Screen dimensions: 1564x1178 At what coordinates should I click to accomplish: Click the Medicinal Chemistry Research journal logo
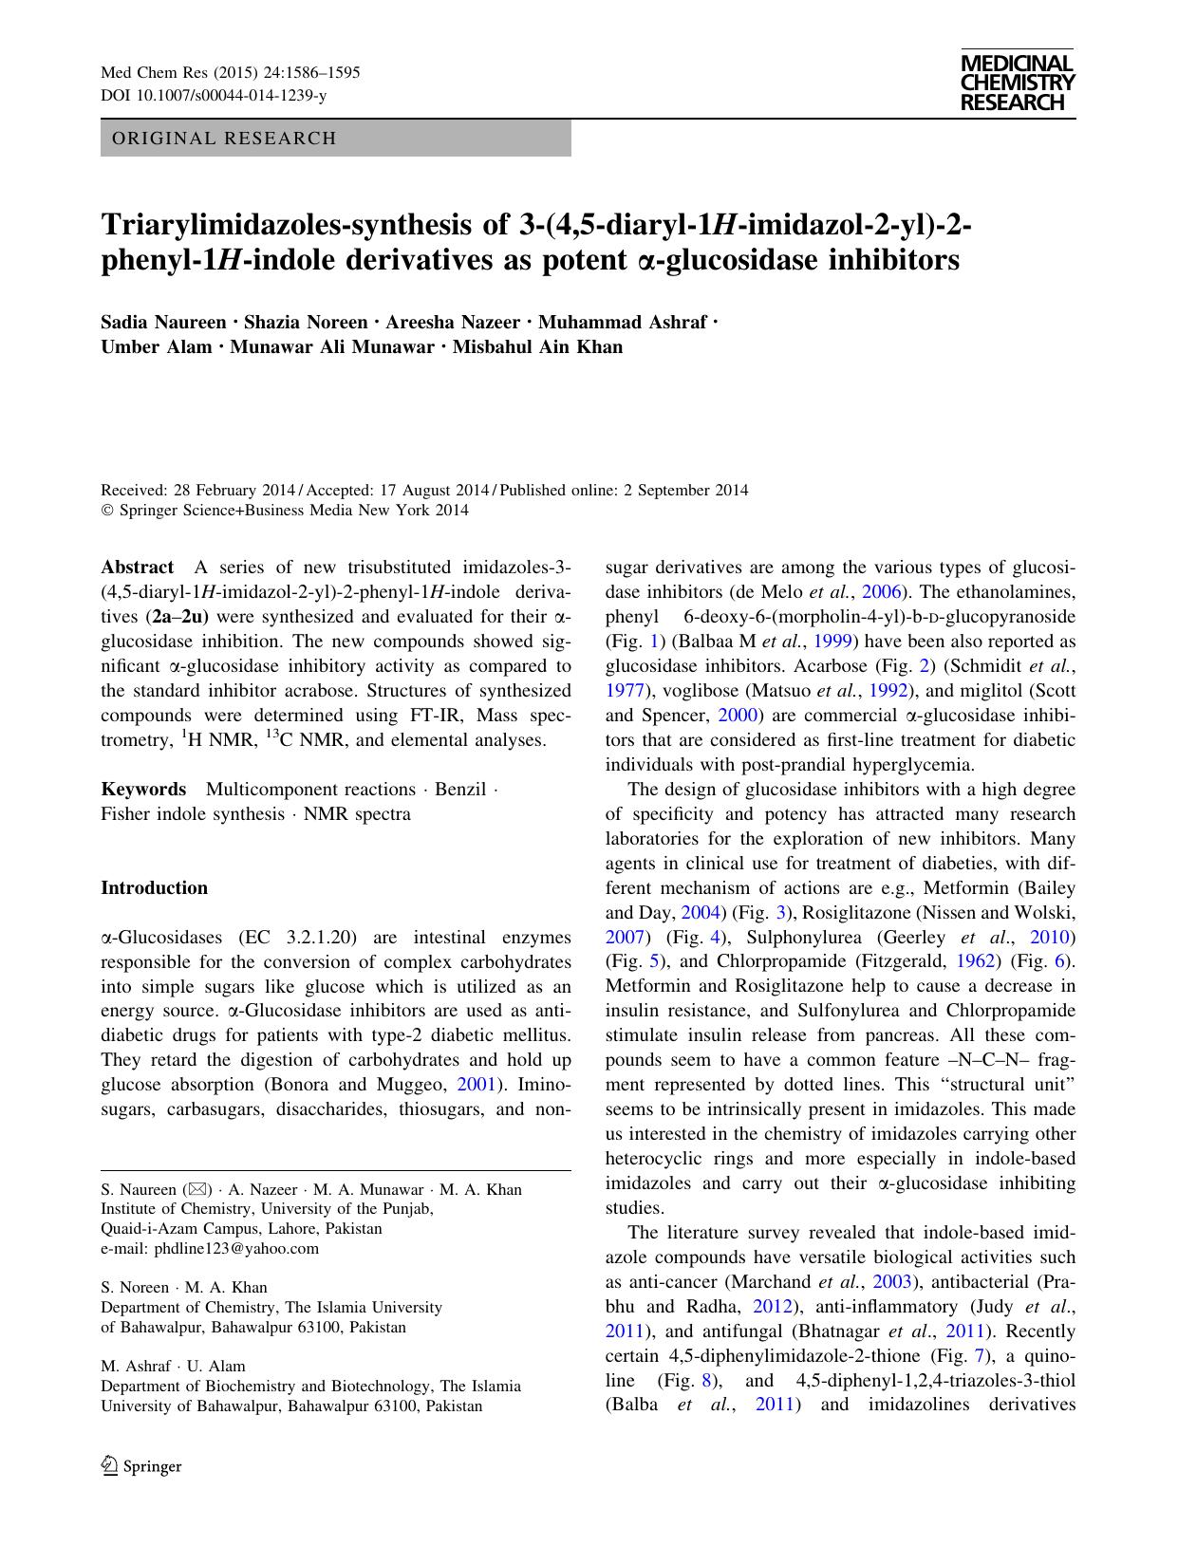click(x=1017, y=83)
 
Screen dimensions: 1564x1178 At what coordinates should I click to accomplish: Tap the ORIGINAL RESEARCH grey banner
click(x=335, y=139)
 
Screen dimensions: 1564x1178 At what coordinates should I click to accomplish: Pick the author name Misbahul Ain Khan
click(x=537, y=346)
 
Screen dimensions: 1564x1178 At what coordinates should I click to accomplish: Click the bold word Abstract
click(x=138, y=568)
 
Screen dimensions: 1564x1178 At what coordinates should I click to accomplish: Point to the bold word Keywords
click(x=143, y=790)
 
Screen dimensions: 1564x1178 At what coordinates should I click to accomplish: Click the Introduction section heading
click(x=154, y=888)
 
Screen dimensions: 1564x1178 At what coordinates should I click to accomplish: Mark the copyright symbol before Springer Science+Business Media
click(x=106, y=511)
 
